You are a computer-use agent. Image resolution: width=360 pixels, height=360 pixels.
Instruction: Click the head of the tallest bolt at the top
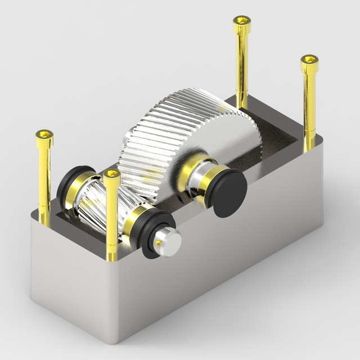click(x=242, y=24)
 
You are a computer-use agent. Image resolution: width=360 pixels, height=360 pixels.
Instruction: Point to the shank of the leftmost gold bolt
click(x=44, y=180)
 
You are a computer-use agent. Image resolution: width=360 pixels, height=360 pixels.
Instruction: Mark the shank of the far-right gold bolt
click(x=309, y=107)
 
